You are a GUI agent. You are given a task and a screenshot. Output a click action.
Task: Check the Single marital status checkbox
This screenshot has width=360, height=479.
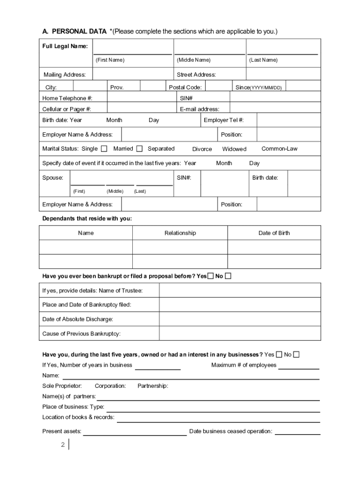pyautogui.click(x=104, y=149)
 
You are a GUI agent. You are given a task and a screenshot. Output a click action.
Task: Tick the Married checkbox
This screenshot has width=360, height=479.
pyautogui.click(x=139, y=149)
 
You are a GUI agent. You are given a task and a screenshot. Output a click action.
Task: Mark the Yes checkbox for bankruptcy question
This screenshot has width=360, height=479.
pyautogui.click(x=210, y=276)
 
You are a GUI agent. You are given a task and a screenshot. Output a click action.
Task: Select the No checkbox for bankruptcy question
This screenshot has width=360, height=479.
pyautogui.click(x=228, y=276)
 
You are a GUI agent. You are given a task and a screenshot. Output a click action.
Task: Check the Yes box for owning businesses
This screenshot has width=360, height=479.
pyautogui.click(x=279, y=355)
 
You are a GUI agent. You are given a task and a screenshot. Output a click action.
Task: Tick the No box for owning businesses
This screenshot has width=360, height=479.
pyautogui.click(x=296, y=355)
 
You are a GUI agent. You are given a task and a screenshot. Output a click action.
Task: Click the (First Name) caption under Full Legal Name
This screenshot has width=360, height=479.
pyautogui.click(x=110, y=60)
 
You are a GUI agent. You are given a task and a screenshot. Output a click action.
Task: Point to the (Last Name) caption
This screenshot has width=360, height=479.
pyautogui.click(x=263, y=60)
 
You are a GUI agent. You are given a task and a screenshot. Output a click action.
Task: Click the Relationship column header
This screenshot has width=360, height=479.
pyautogui.click(x=180, y=233)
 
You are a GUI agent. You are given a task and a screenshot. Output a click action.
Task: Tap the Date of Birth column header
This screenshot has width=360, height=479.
pyautogui.click(x=274, y=233)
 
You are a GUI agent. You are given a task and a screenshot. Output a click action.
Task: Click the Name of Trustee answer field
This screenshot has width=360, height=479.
pyautogui.click(x=240, y=290)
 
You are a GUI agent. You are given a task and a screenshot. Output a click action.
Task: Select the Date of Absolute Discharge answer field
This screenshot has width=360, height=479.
pyautogui.click(x=240, y=319)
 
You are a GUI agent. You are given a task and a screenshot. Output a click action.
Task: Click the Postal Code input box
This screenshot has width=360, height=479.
pyautogui.click(x=218, y=87)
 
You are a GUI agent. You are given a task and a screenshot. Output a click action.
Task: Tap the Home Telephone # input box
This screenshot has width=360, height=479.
pyautogui.click(x=140, y=98)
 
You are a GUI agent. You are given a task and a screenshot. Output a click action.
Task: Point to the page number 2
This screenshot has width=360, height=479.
pyautogui.click(x=63, y=445)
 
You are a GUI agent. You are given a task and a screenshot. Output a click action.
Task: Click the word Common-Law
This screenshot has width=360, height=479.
pyautogui.click(x=279, y=149)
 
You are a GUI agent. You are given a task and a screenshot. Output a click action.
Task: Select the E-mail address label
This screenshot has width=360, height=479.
pyautogui.click(x=199, y=109)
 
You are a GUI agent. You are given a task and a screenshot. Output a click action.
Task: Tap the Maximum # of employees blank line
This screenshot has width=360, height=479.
pyautogui.click(x=299, y=366)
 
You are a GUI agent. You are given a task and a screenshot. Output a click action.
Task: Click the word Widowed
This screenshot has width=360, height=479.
pyautogui.click(x=234, y=149)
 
